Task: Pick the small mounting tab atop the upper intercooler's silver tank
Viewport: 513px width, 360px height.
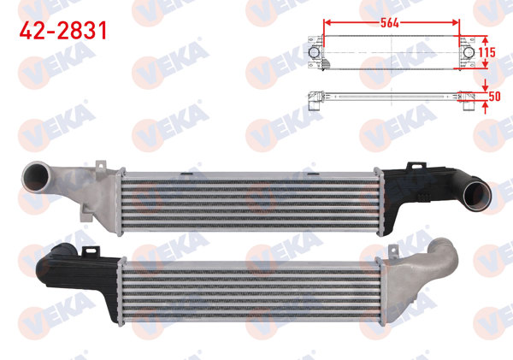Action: click(x=100, y=160)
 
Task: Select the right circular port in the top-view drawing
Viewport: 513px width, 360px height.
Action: click(x=468, y=55)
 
